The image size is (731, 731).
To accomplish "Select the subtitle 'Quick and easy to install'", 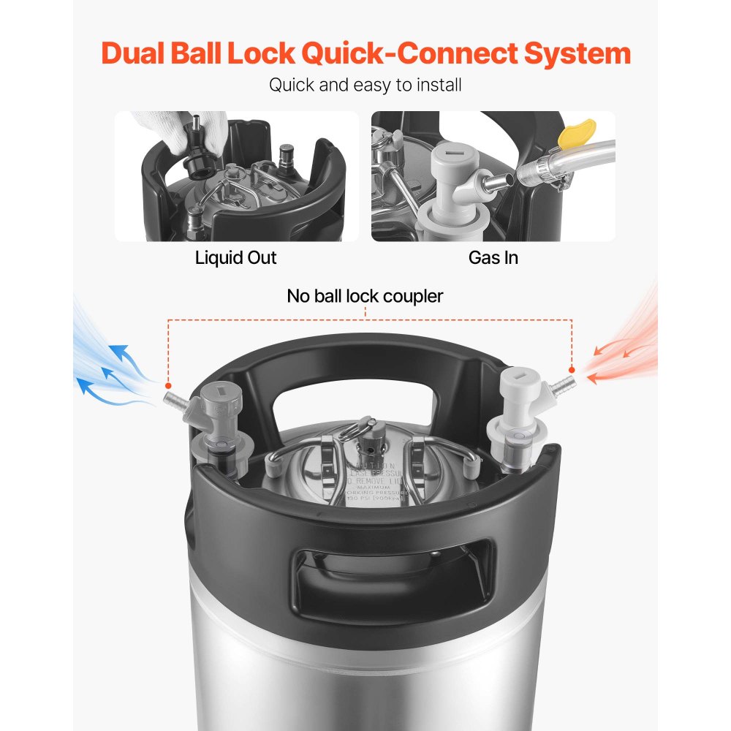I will click(x=365, y=85).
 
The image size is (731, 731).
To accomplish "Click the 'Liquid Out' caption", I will click(x=236, y=257).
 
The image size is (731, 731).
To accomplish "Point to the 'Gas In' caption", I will click(x=493, y=257).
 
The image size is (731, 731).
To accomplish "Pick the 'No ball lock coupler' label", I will click(x=365, y=296).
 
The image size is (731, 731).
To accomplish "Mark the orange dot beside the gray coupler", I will click(x=169, y=385).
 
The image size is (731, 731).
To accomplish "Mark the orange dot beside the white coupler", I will click(x=572, y=370).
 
